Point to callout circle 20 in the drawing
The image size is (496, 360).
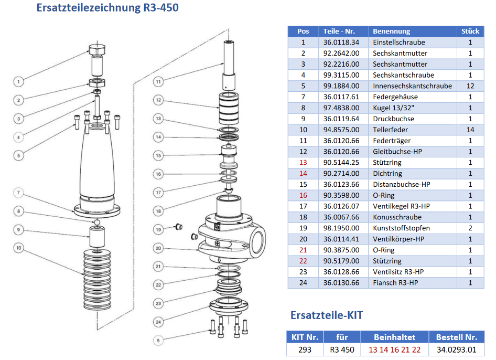(x=158, y=248)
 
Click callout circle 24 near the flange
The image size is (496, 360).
(x=158, y=322)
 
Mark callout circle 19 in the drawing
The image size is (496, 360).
(x=158, y=229)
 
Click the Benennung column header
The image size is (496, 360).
(x=391, y=31)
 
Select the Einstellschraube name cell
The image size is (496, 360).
(x=398, y=43)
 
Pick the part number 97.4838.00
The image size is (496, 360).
(x=341, y=108)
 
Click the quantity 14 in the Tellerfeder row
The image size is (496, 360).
(x=470, y=130)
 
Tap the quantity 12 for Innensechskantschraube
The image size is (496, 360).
(x=470, y=86)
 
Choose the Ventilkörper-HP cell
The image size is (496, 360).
(x=398, y=239)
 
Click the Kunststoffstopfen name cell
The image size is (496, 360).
(x=401, y=228)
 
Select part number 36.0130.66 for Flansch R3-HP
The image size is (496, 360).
(x=341, y=283)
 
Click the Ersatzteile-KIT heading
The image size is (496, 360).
(x=326, y=315)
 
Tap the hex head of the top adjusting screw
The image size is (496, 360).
(x=97, y=51)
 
